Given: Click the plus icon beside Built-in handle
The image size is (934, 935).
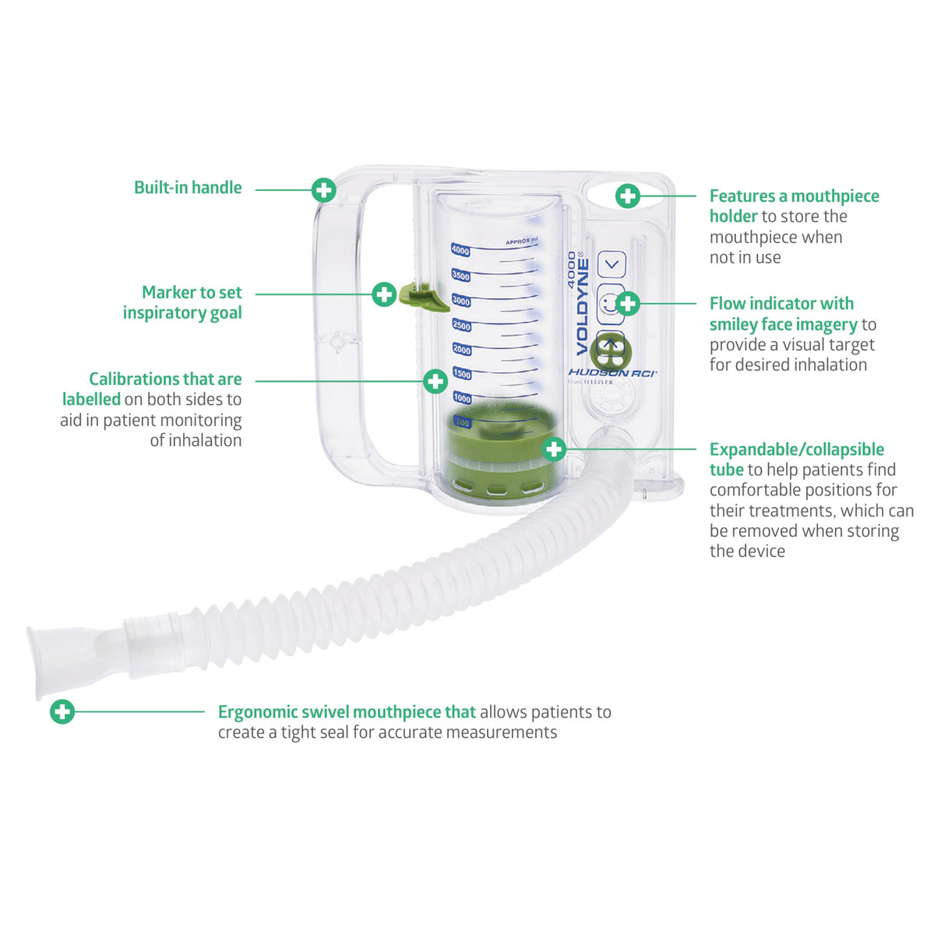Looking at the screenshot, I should tap(323, 189).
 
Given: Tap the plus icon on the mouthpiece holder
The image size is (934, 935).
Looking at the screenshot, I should tap(627, 196).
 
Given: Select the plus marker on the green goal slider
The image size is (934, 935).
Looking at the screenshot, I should tap(384, 294).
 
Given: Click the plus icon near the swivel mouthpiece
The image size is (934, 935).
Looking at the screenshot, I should tap(62, 711).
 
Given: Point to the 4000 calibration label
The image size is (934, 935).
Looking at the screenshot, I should tap(460, 251).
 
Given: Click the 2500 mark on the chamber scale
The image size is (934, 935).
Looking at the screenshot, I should tap(461, 326).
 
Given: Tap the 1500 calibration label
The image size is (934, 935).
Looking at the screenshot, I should tap(462, 374).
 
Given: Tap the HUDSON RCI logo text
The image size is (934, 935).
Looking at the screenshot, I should tap(612, 373).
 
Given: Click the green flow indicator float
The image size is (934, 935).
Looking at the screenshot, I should tap(611, 351).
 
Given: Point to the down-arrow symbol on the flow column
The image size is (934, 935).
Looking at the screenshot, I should tap(612, 264).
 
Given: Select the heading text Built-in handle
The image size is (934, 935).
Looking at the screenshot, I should tap(188, 188).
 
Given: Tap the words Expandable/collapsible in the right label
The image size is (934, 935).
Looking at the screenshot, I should tap(796, 450).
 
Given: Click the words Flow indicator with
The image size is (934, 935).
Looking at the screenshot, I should tap(781, 304).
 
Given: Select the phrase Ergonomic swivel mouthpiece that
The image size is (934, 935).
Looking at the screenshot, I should tap(347, 712).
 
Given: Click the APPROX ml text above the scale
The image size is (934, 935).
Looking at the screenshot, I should tap(520, 242).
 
